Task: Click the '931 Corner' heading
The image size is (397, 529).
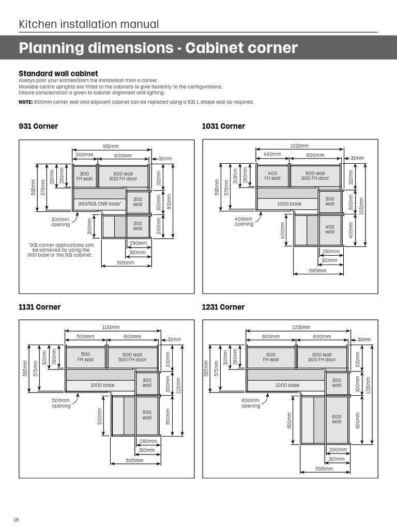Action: (x=38, y=127)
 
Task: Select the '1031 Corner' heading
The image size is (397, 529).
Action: (x=223, y=127)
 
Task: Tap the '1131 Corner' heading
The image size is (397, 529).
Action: (x=39, y=307)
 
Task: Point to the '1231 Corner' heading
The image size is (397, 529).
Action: (x=223, y=307)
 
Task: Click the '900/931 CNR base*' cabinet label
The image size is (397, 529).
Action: (x=100, y=204)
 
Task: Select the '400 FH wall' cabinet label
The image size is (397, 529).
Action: (x=272, y=176)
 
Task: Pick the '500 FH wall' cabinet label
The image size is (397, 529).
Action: (x=85, y=357)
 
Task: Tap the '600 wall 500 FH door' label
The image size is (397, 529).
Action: (x=132, y=357)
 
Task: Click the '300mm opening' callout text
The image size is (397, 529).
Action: (x=60, y=222)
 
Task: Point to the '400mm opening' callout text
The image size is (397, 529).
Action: (x=244, y=222)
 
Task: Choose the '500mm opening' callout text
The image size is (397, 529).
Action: (x=61, y=403)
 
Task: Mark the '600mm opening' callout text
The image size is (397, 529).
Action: (x=251, y=403)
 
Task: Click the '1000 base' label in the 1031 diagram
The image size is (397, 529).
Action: (x=289, y=204)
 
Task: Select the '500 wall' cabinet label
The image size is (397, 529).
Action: (x=147, y=415)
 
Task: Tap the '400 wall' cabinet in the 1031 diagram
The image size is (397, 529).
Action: (x=330, y=229)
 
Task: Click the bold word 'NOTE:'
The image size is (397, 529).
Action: (x=25, y=102)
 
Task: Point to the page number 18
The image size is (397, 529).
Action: (x=17, y=520)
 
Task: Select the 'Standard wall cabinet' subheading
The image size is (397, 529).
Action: (x=58, y=74)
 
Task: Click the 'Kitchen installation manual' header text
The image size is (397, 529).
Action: (x=88, y=24)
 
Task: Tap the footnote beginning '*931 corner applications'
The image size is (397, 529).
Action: (x=61, y=250)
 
